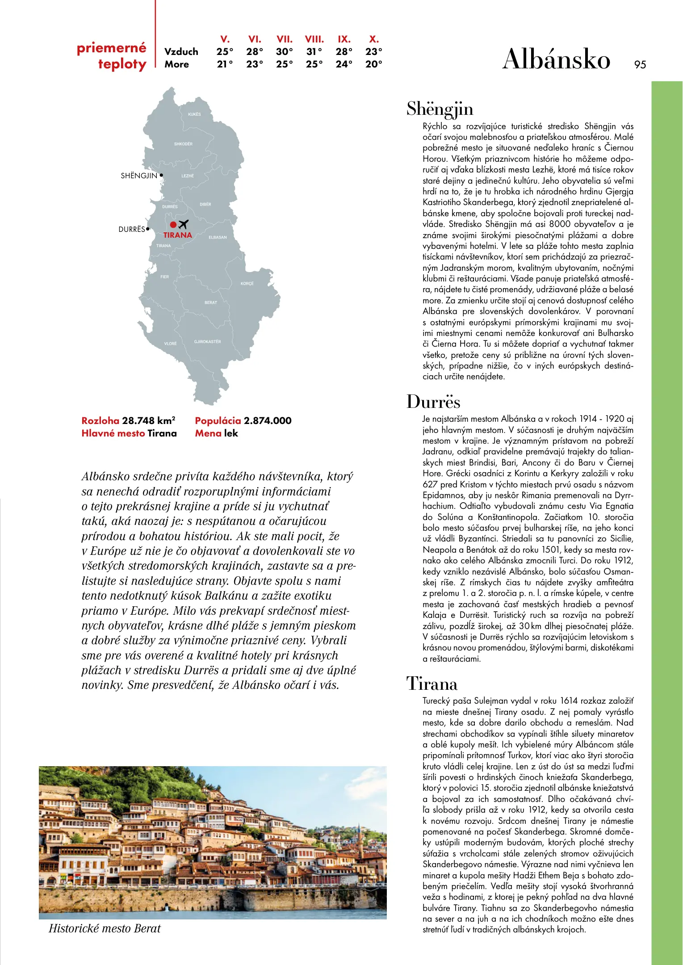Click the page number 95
pyautogui.click(x=640, y=65)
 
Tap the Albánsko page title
pyautogui.click(x=556, y=59)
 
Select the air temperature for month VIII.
pyautogui.click(x=314, y=52)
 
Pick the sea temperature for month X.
pyautogui.click(x=373, y=64)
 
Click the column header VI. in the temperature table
pyautogui.click(x=255, y=39)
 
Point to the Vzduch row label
pyautogui.click(x=181, y=52)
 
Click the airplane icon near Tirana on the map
pyautogui.click(x=183, y=224)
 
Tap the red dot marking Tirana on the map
pyautogui.click(x=173, y=225)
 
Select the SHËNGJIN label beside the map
pyautogui.click(x=139, y=176)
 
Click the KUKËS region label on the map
pyautogui.click(x=194, y=114)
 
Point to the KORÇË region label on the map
pyautogui.click(x=247, y=284)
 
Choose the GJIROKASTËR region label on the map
pyautogui.click(x=207, y=342)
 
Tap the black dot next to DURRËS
pyautogui.click(x=148, y=229)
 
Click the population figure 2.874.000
pyautogui.click(x=267, y=421)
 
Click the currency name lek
pyautogui.click(x=231, y=433)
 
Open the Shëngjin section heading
pyautogui.click(x=440, y=109)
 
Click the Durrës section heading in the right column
pyautogui.click(x=433, y=402)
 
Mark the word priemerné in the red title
pyautogui.click(x=111, y=48)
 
